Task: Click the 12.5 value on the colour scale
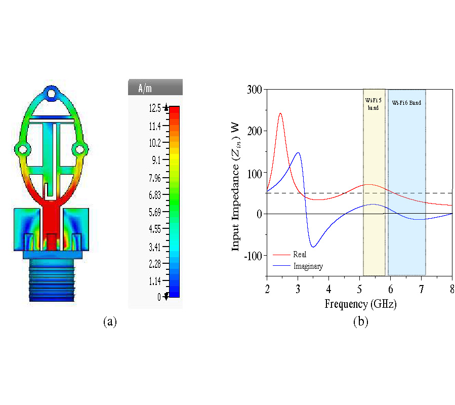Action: click(x=155, y=108)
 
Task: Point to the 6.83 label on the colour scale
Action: click(x=155, y=195)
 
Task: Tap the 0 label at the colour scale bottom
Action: click(x=159, y=297)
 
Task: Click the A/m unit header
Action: click(x=145, y=88)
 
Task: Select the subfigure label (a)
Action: click(x=110, y=321)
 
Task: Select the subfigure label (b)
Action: click(x=361, y=321)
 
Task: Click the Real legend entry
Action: click(x=300, y=254)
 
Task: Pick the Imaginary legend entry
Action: click(x=308, y=266)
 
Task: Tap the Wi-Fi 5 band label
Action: click(x=374, y=104)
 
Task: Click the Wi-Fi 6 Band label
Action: click(x=406, y=102)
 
